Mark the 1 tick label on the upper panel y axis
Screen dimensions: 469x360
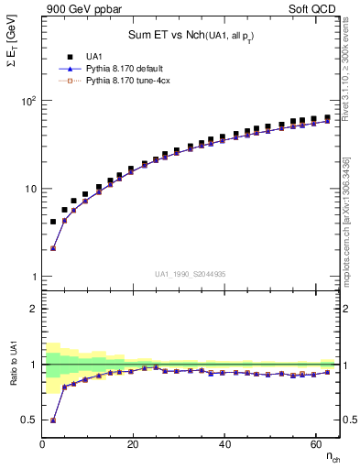tap(32, 277)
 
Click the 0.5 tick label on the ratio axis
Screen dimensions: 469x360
tap(28, 420)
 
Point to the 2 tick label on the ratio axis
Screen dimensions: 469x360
tap(32, 309)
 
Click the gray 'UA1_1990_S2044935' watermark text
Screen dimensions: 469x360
tap(191, 273)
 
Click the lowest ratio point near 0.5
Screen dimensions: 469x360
tap(53, 420)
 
